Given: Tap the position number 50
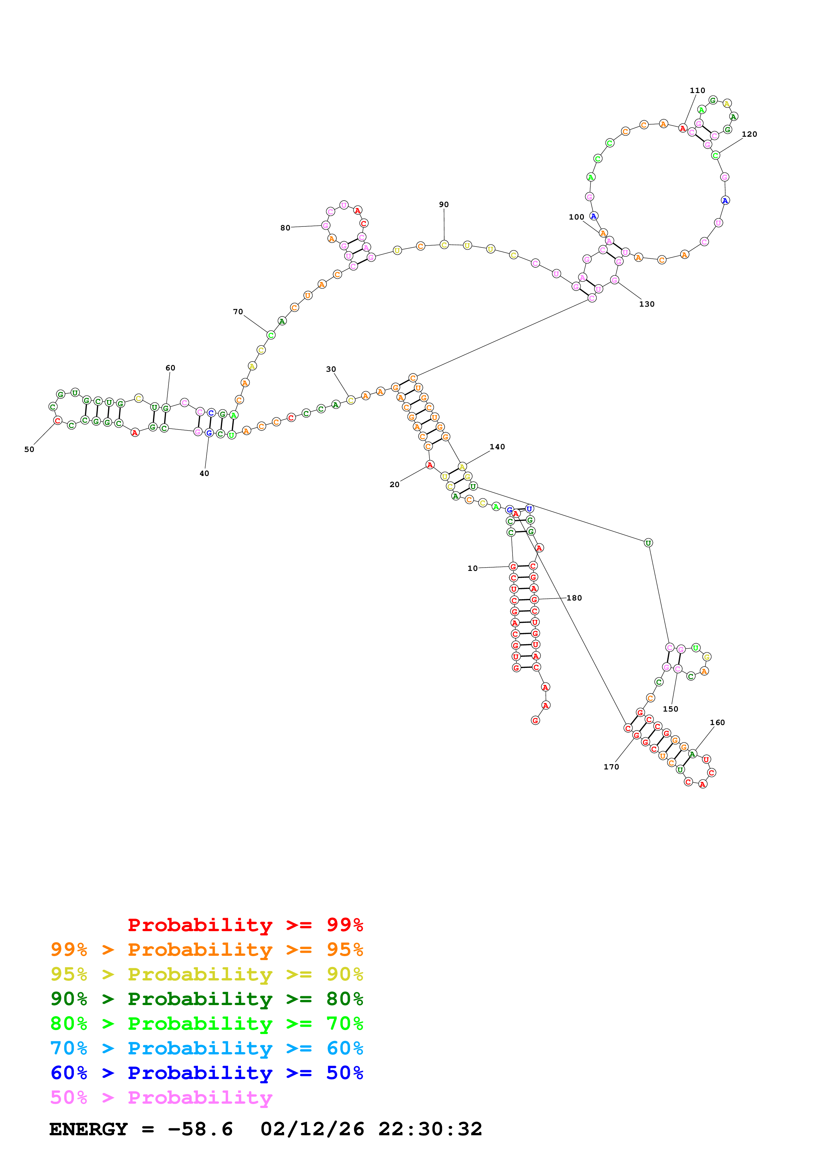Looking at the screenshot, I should [29, 449].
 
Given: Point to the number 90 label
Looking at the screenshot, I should [444, 204].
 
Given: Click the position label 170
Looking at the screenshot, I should [611, 767].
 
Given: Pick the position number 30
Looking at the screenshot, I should [331, 369].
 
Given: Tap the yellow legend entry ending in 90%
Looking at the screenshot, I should [207, 974].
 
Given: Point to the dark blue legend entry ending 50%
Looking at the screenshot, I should [207, 1073].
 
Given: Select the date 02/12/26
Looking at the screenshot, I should [312, 1129].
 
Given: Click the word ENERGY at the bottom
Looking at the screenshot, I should [88, 1129].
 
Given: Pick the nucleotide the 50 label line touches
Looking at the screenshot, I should [58, 420].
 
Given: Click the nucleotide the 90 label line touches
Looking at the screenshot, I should [444, 245].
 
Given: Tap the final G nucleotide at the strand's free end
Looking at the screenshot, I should [535, 720].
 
